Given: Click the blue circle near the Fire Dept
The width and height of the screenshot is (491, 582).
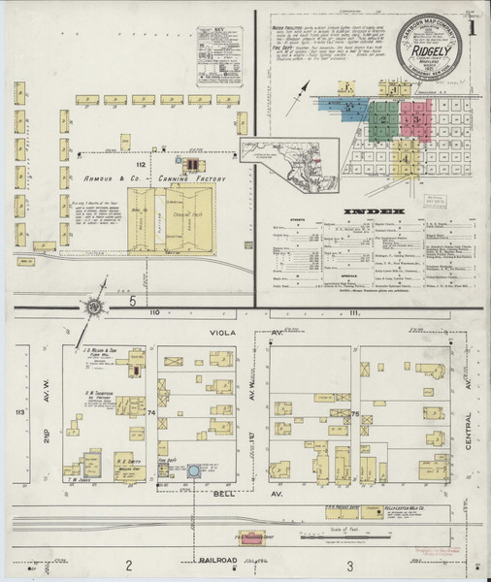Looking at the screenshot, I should [194, 471].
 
